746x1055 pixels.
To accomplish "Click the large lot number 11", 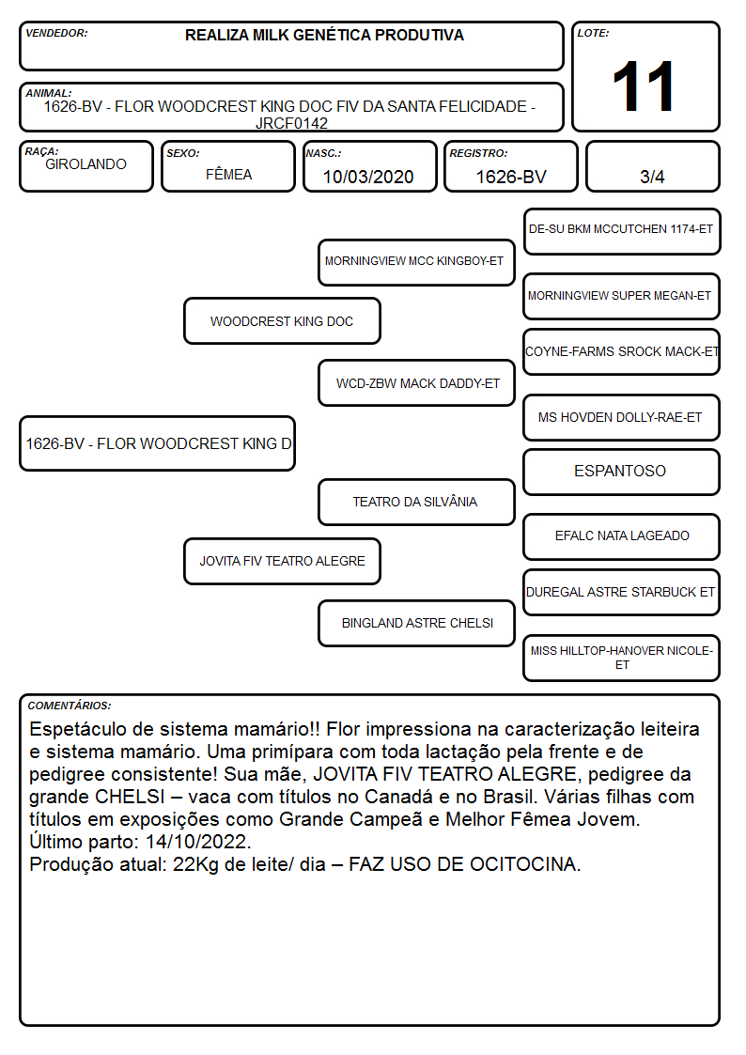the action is pyautogui.click(x=643, y=86).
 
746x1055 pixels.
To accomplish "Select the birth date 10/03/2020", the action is pyautogui.click(x=368, y=177).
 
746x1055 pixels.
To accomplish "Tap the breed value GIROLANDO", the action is pyautogui.click(x=85, y=164).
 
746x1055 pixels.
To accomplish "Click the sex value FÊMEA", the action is pyautogui.click(x=228, y=174).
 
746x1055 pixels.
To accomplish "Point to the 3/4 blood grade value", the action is pyautogui.click(x=652, y=177).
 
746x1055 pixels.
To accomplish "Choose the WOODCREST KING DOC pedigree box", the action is pyautogui.click(x=282, y=321).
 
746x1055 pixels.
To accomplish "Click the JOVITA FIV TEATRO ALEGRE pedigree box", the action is pyautogui.click(x=282, y=561).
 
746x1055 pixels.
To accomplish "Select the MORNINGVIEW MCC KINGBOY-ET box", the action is pyautogui.click(x=416, y=262).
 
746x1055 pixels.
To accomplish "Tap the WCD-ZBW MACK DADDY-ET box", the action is pyautogui.click(x=416, y=383).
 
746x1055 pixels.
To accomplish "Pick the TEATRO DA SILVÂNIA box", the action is pyautogui.click(x=416, y=502).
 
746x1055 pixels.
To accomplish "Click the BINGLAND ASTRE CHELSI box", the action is pyautogui.click(x=416, y=623).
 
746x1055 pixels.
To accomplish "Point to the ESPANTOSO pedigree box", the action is pyautogui.click(x=622, y=472).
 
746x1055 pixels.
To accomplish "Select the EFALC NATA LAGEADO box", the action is pyautogui.click(x=622, y=536).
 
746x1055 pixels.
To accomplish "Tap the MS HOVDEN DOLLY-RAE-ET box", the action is pyautogui.click(x=622, y=417).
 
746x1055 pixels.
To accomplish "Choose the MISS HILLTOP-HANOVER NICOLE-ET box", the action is pyautogui.click(x=622, y=658).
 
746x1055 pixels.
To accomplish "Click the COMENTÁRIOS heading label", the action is pyautogui.click(x=70, y=706).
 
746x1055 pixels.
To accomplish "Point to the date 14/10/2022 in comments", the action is pyautogui.click(x=197, y=842).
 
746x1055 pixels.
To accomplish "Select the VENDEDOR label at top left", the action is pyautogui.click(x=56, y=33).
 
